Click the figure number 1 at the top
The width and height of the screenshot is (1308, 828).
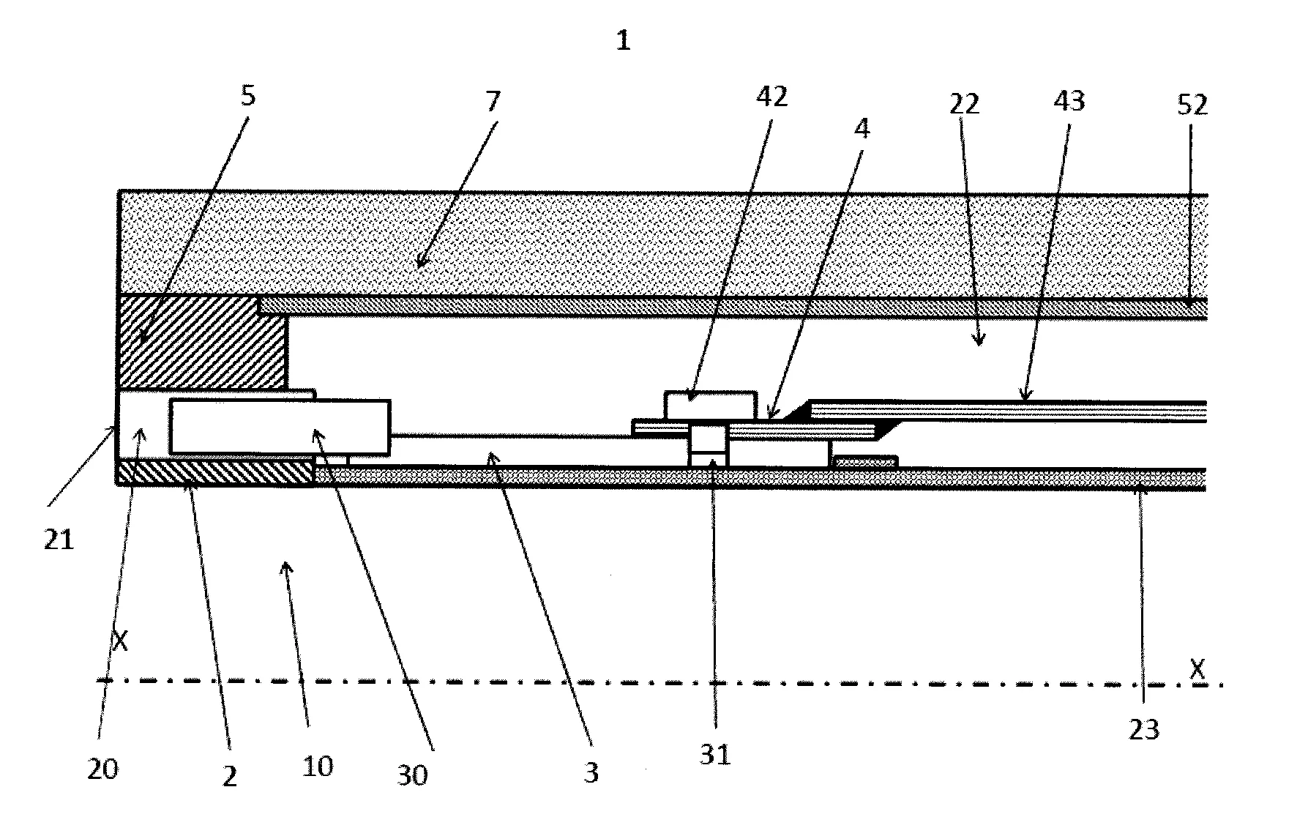coord(623,41)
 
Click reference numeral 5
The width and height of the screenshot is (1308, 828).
coord(248,96)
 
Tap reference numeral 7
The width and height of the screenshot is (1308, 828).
coord(493,100)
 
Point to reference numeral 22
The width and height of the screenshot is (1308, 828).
coord(965,104)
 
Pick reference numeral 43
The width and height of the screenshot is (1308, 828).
coord(1069,101)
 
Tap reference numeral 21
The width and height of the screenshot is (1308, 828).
coord(59,540)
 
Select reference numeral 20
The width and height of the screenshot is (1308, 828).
coord(102,769)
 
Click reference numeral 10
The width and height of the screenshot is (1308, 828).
coord(317,766)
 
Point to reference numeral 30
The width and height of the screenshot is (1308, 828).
coord(412,775)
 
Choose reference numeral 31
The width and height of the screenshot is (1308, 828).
coord(715,754)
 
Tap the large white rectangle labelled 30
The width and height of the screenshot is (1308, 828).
coord(279,426)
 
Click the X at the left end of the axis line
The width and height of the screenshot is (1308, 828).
coord(120,642)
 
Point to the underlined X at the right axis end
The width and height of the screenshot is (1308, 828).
coord(1197,668)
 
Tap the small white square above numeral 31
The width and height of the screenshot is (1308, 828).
coord(708,439)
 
